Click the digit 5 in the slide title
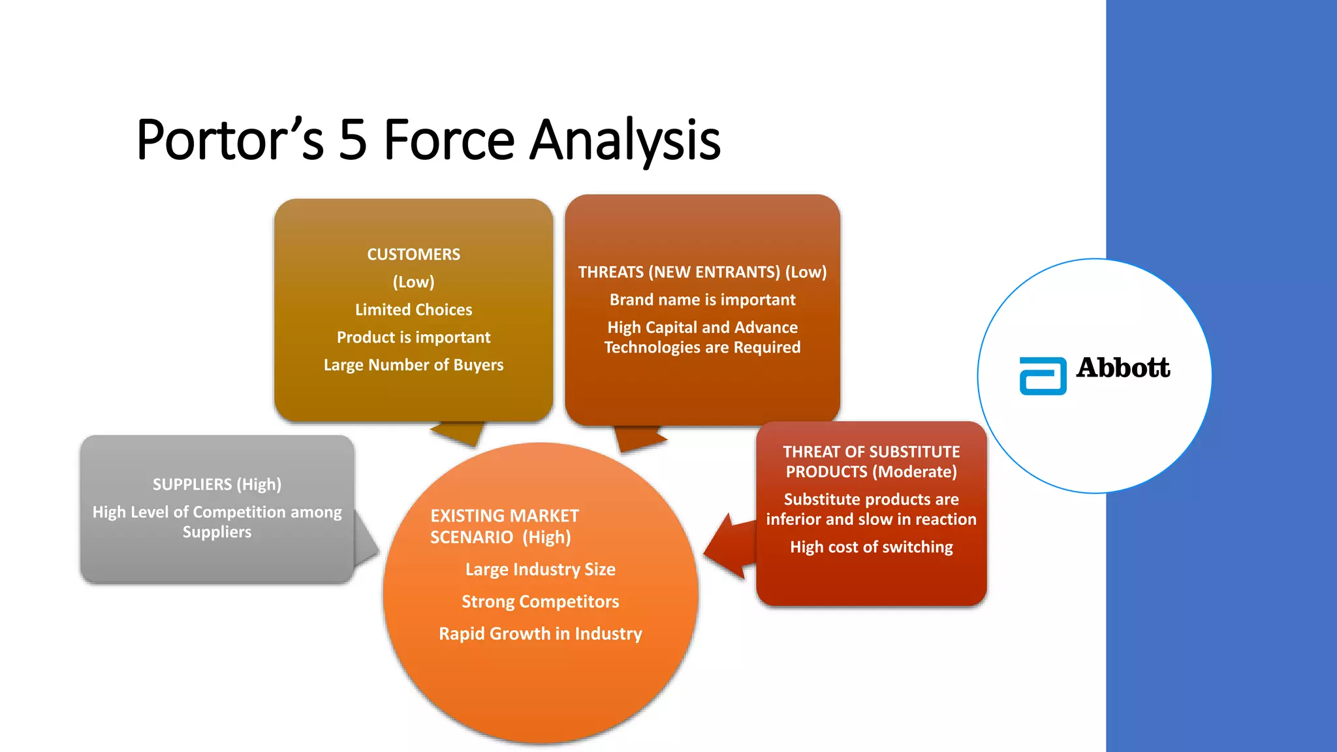353,140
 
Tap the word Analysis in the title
625,140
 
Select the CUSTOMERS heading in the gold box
413,255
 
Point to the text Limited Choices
413,309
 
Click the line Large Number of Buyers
413,365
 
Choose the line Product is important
413,337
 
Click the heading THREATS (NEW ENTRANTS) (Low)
702,272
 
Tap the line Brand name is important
702,300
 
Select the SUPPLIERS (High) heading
217,484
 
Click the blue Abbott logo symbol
1043,376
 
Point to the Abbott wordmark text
1123,368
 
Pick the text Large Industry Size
540,569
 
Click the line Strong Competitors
540,601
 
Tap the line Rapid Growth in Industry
540,633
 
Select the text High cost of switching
871,547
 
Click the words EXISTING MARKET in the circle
504,516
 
